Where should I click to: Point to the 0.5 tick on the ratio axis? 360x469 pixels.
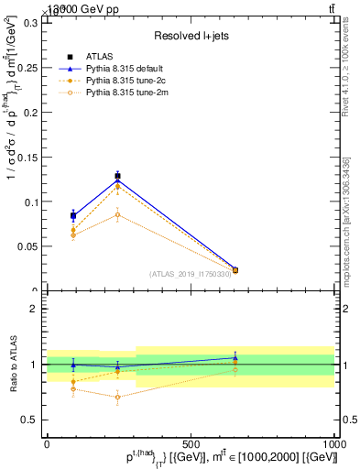(x=29, y=420)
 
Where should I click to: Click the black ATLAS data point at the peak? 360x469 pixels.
(x=117, y=176)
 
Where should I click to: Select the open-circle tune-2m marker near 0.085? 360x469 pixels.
(x=117, y=215)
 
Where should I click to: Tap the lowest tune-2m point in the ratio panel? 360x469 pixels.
(x=117, y=398)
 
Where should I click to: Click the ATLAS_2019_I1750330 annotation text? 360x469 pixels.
(x=190, y=274)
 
